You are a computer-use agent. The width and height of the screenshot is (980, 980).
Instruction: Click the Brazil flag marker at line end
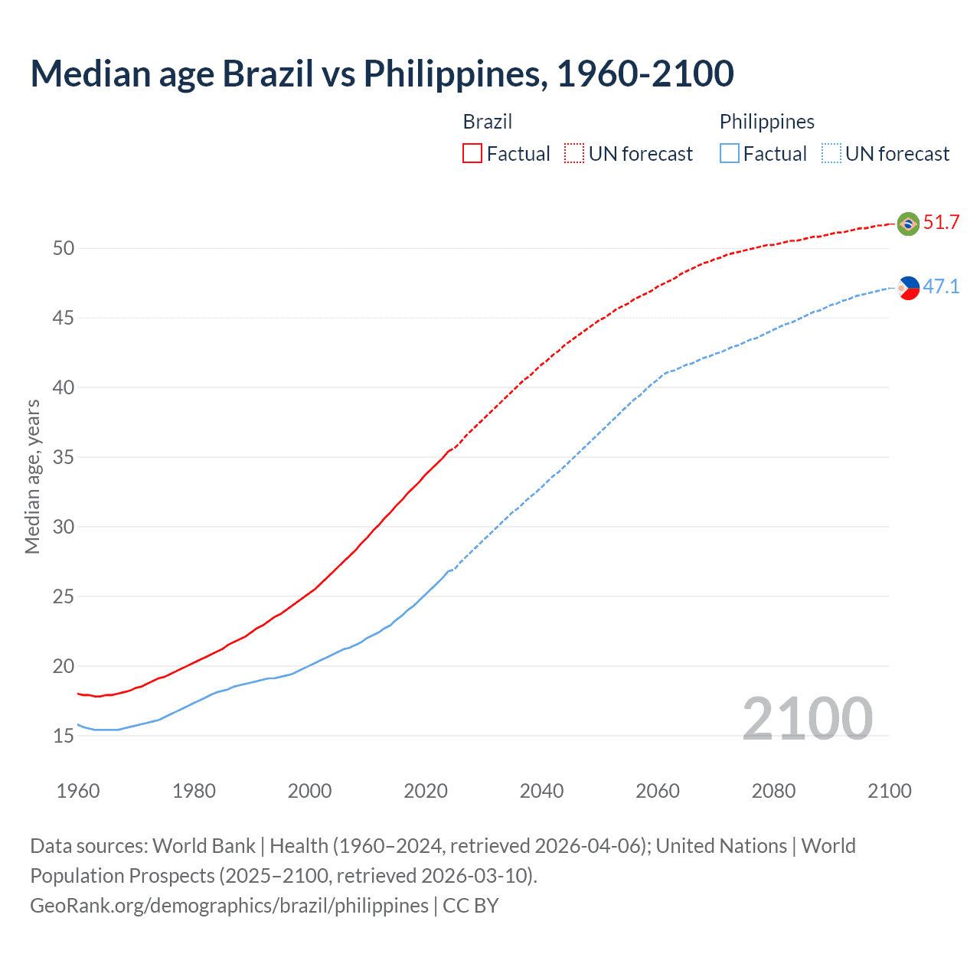(908, 224)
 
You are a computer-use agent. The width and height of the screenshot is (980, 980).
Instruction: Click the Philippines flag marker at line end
(909, 288)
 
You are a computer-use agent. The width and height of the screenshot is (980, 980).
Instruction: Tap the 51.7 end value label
(941, 223)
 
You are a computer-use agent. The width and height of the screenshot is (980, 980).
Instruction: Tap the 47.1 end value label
(941, 287)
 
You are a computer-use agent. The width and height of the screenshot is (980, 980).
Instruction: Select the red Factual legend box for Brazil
(472, 153)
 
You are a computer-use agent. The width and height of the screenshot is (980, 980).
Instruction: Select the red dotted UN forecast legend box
(574, 153)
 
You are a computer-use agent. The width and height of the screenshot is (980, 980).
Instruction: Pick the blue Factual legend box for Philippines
(730, 153)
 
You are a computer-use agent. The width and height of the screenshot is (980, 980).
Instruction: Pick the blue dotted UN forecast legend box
(831, 153)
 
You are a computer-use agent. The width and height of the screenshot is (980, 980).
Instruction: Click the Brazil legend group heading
(487, 122)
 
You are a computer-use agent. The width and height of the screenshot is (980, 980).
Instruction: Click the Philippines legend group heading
(766, 122)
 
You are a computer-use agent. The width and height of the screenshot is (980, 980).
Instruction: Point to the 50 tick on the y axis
(64, 248)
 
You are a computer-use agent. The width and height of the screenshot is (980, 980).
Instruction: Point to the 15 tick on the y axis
(64, 736)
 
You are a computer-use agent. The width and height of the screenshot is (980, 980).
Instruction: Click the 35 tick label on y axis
(64, 457)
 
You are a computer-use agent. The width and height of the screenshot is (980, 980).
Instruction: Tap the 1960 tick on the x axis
(78, 791)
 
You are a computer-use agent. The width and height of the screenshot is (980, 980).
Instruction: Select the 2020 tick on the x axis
(426, 791)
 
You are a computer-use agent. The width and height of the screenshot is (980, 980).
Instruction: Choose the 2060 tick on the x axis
(658, 791)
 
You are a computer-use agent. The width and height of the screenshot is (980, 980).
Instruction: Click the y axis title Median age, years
(32, 476)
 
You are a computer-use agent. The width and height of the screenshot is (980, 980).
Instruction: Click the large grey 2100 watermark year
(807, 718)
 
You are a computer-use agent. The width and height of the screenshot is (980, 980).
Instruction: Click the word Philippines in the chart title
(454, 73)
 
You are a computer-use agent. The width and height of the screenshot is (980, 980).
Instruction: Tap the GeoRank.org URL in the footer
(229, 906)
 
